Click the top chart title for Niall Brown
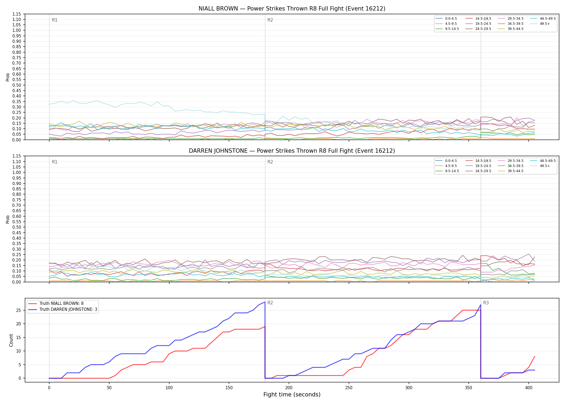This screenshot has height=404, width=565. pyautogui.click(x=292, y=9)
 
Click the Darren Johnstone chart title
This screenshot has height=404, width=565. pyautogui.click(x=292, y=151)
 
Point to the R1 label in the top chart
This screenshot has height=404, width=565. pyautogui.click(x=55, y=20)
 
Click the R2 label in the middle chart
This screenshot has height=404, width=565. pyautogui.click(x=270, y=162)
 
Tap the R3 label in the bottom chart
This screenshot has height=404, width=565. pyautogui.click(x=486, y=303)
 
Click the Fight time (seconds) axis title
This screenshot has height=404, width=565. pyautogui.click(x=292, y=395)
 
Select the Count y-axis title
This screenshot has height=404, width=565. pyautogui.click(x=11, y=340)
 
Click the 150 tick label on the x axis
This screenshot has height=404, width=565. pyautogui.click(x=229, y=388)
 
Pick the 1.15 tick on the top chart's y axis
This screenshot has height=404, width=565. pyautogui.click(x=17, y=14)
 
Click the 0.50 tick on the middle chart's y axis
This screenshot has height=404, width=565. pyautogui.click(x=17, y=227)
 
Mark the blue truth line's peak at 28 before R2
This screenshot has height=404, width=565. pyautogui.click(x=265, y=302)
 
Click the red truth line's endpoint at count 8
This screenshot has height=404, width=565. pyautogui.click(x=535, y=356)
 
